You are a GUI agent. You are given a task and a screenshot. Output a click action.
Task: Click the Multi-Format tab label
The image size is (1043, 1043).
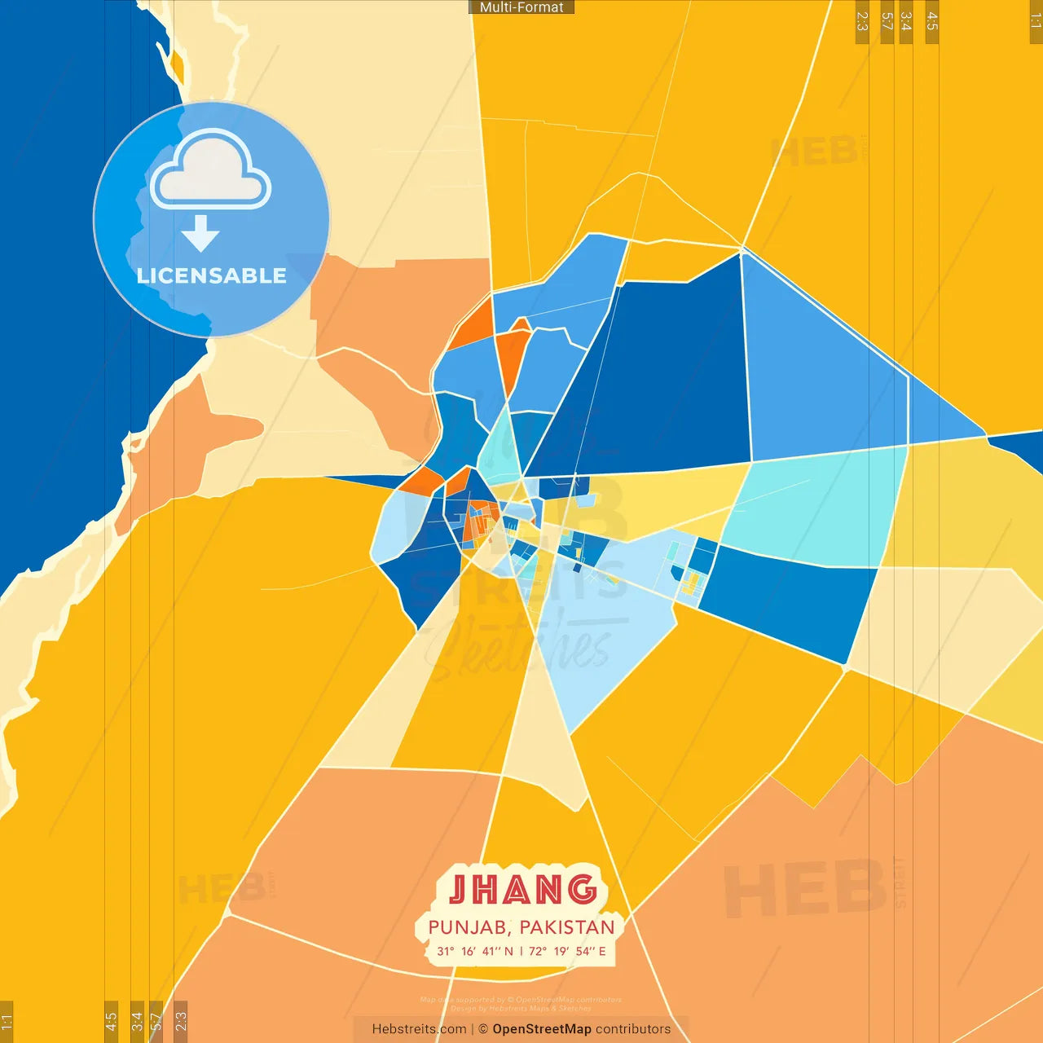coord(521,7)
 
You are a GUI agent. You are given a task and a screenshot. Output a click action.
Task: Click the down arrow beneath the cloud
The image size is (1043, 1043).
coord(200,234)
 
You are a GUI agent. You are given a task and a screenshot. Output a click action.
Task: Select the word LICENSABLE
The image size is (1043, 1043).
coord(211,275)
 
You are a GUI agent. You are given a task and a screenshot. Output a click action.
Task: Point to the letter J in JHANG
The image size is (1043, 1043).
coord(459,890)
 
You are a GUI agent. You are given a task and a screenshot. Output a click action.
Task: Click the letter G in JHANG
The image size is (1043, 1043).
coord(582,890)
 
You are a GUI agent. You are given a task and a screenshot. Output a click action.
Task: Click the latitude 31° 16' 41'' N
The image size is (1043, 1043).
coord(475,951)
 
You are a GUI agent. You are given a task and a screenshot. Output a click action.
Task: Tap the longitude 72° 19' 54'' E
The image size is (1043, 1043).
coord(567,951)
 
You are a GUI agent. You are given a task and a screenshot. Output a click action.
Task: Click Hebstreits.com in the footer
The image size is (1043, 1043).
coord(419,1029)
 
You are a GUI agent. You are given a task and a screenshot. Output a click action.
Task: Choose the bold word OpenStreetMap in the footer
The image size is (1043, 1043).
coord(542,1029)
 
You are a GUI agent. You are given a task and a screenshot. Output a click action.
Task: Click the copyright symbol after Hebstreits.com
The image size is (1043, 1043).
coord(483,1029)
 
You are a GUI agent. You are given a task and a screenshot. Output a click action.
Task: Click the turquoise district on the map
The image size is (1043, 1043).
coord(815,505)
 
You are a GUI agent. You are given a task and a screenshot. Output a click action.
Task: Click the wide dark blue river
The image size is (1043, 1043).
coord(57,326)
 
